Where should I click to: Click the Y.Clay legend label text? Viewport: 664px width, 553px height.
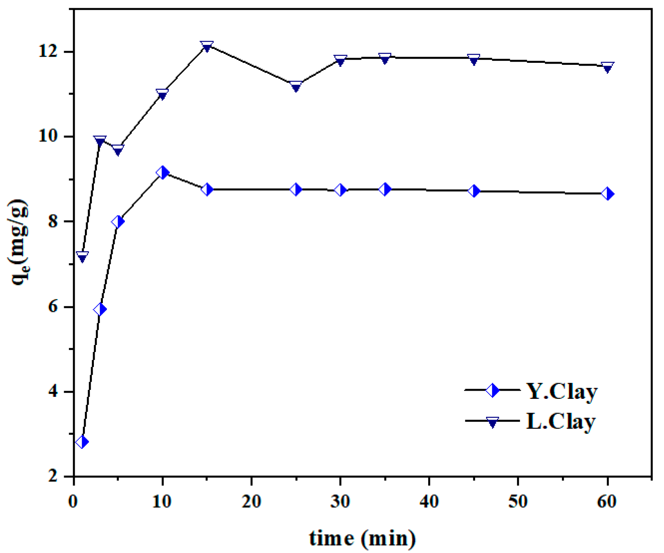[562, 392]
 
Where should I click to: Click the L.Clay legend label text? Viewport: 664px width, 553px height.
[561, 421]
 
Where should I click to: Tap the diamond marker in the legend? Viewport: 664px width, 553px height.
[493, 390]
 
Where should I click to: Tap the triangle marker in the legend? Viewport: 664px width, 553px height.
[493, 422]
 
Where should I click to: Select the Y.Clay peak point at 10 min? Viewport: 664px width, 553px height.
[162, 173]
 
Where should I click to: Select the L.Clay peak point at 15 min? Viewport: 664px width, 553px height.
[207, 46]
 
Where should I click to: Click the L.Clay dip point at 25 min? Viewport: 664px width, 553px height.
[296, 86]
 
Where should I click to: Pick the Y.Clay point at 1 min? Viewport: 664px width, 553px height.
[82, 442]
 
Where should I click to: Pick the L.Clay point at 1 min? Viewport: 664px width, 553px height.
[82, 257]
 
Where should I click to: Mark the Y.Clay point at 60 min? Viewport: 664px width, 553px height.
[607, 194]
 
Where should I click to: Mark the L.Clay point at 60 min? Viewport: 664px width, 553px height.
[607, 67]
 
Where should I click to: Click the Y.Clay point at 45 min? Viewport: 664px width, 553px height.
[474, 191]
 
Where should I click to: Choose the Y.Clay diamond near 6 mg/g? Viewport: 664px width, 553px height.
[100, 310]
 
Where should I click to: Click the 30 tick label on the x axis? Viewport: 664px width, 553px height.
[340, 502]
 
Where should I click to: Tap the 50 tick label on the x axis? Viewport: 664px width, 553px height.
[518, 502]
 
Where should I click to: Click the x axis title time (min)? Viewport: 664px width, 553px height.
[362, 538]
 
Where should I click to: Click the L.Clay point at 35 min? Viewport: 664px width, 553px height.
[384, 58]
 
